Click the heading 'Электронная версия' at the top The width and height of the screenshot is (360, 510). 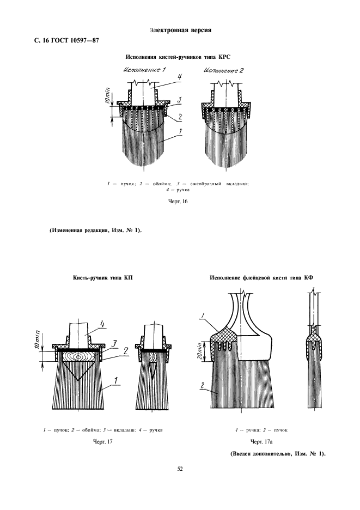point(180,29)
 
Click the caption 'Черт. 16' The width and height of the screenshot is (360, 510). point(179,202)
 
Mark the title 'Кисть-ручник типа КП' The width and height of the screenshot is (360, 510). point(103,278)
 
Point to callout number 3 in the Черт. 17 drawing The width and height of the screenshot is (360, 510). point(115,342)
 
